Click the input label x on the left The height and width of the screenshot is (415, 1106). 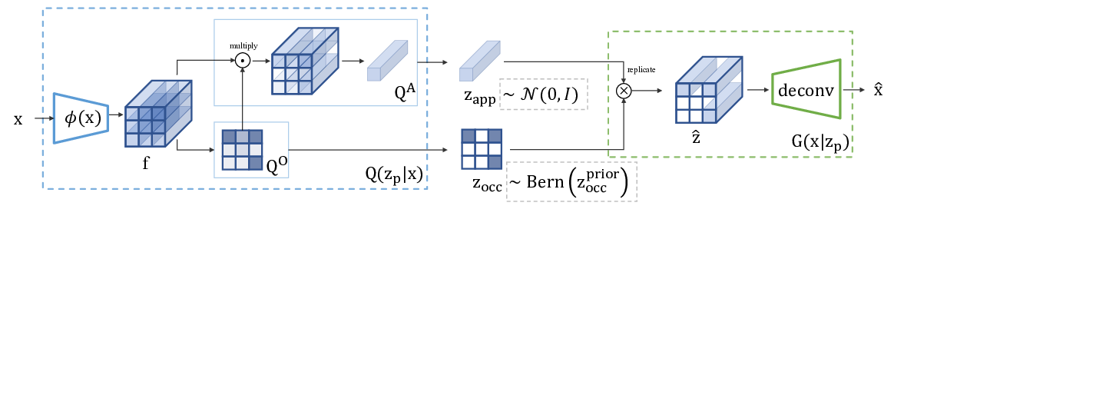tap(18, 120)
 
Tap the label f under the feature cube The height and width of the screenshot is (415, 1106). tap(146, 163)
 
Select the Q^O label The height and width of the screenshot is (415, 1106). tap(276, 164)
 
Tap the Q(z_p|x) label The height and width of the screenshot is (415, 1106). tap(394, 174)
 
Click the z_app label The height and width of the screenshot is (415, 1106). tap(477, 97)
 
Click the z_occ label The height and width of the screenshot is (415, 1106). tap(487, 183)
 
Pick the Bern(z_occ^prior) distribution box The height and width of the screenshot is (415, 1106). tap(571, 182)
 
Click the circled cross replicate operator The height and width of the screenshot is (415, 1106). tap(624, 91)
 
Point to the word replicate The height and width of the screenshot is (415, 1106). tap(641, 70)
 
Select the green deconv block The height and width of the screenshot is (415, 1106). tap(806, 90)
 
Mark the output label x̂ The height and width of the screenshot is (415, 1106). tap(878, 90)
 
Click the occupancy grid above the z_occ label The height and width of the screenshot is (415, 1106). tap(482, 149)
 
